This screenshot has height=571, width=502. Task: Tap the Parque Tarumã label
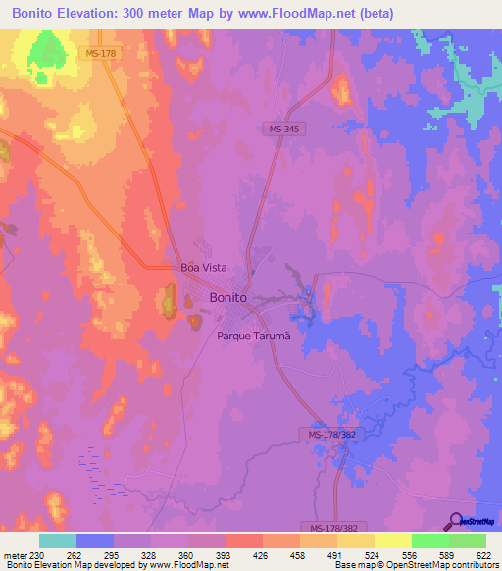[x=254, y=336]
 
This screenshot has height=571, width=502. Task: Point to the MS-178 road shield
[x=101, y=53]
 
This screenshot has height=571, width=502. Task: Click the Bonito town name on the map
[x=227, y=297]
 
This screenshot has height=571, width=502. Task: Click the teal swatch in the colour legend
[x=58, y=541]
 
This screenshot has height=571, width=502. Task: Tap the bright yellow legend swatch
[x=392, y=541]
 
